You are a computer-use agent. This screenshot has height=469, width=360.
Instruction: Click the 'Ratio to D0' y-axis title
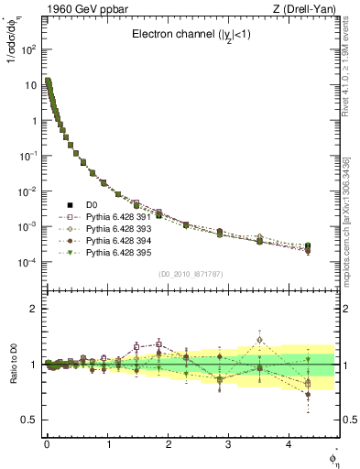point(12,365)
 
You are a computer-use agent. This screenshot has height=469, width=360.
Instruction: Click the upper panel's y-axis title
point(12,46)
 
